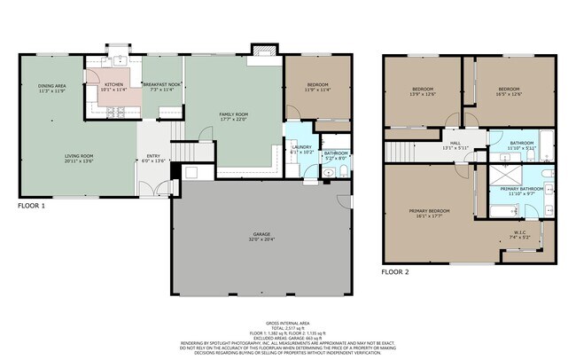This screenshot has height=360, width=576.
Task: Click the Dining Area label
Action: [52, 86]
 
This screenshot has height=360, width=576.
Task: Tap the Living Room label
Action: [78, 156]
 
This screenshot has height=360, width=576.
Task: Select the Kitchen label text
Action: [114, 84]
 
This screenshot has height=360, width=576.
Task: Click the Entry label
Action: [153, 156]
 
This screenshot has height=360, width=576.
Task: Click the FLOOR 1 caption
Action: [32, 206]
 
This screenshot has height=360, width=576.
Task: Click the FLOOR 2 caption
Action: [395, 271]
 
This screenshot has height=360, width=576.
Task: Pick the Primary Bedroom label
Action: [429, 210]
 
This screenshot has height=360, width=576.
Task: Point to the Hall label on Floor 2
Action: [455, 144]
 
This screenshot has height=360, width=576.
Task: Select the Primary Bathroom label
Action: [521, 189]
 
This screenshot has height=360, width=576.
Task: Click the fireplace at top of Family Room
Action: [262, 51]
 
